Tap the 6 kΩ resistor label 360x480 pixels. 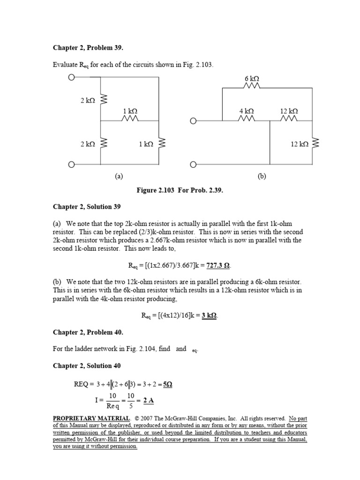pos(252,79)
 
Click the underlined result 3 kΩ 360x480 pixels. pos(210,315)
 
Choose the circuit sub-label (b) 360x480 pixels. pos(261,177)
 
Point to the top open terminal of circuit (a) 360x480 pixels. pos(72,77)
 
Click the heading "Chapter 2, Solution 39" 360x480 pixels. pos(82,207)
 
